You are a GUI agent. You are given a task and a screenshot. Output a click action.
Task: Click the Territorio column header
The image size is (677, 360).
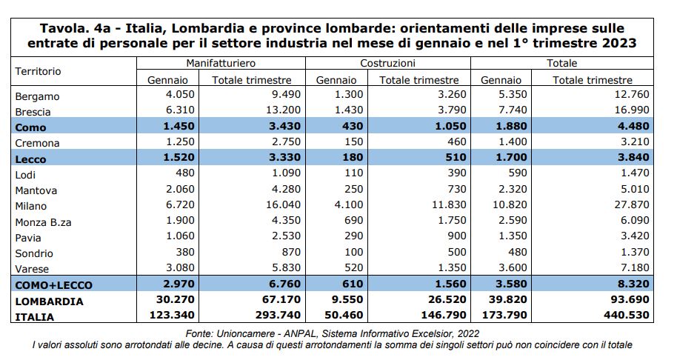click(x=38, y=71)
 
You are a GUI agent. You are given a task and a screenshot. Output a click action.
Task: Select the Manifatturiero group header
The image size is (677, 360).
click(x=221, y=63)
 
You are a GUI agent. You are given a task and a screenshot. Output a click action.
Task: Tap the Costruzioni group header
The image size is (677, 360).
click(x=387, y=63)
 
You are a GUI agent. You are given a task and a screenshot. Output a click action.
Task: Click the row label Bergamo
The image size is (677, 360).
click(x=37, y=96)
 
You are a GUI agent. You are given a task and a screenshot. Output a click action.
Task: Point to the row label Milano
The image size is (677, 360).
click(x=30, y=206)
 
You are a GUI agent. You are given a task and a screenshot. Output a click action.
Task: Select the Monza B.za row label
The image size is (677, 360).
click(x=43, y=222)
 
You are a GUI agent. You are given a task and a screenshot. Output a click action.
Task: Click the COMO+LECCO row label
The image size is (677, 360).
click(x=53, y=285)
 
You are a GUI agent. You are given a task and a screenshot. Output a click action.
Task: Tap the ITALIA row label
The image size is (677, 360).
click(x=35, y=317)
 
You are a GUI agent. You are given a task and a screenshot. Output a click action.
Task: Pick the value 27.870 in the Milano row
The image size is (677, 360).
click(x=632, y=204)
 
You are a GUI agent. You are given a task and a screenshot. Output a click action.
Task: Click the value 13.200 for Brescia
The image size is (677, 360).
click(x=283, y=110)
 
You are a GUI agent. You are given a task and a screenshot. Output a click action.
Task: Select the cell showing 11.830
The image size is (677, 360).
click(x=449, y=204)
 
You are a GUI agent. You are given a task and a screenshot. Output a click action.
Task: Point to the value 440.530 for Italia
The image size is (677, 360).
click(x=627, y=315)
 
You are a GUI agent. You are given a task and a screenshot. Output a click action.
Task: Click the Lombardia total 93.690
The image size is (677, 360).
click(x=630, y=299)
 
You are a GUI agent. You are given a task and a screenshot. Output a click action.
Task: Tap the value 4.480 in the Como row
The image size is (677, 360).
click(x=633, y=126)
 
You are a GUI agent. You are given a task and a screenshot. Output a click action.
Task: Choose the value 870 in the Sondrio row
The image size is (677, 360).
click(x=291, y=252)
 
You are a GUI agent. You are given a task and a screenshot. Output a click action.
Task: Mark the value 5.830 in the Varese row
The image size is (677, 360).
click(x=286, y=267)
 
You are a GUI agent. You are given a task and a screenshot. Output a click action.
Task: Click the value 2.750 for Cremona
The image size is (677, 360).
click(x=286, y=141)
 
